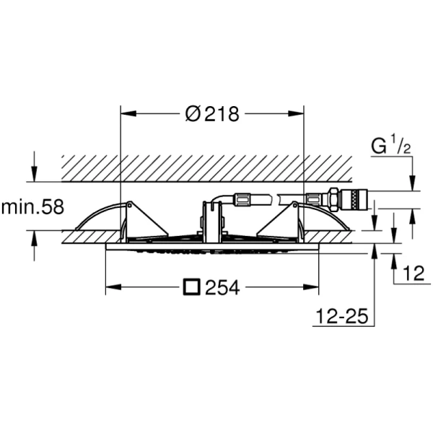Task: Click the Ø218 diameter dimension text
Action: (212, 113)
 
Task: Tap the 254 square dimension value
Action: (222, 287)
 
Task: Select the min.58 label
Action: (32, 206)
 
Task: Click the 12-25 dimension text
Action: (342, 316)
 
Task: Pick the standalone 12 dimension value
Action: (414, 273)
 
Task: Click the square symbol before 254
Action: (192, 287)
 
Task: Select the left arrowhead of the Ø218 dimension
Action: (129, 113)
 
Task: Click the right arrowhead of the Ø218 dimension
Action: (296, 113)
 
